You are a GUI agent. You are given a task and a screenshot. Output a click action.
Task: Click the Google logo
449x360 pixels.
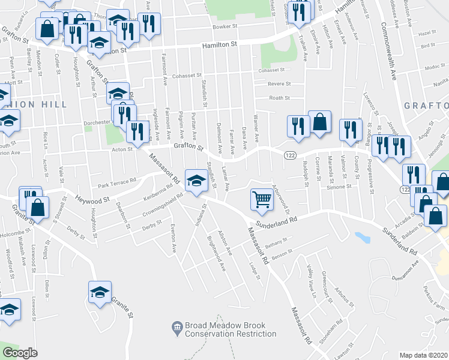20,353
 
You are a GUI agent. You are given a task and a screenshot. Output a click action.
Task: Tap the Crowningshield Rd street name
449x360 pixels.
158,203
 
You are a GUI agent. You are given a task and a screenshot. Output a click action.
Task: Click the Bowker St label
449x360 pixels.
221,28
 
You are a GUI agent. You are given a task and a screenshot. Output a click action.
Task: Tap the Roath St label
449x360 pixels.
279,98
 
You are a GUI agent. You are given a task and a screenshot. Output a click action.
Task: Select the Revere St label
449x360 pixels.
279,84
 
